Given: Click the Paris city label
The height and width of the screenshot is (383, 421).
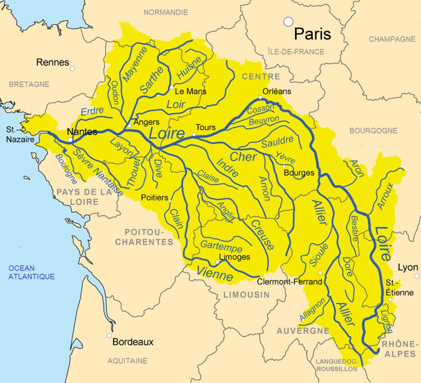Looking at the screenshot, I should (x=312, y=34).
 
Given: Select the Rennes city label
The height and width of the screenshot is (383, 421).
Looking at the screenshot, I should (x=53, y=62).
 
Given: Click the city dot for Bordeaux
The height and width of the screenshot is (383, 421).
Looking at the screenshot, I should (x=110, y=335).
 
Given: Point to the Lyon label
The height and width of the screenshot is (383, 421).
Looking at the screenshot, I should (x=408, y=267).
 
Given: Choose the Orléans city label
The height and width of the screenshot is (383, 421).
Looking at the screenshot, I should (x=277, y=92).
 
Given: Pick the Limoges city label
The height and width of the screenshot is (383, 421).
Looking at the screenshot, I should (x=234, y=257).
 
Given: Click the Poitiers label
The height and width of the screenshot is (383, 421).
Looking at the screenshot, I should (x=154, y=198).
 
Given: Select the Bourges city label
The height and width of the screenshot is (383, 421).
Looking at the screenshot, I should (x=299, y=173).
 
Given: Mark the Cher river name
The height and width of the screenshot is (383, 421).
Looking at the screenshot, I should (x=243, y=157).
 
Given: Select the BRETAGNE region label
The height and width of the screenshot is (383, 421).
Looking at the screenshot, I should (x=29, y=84).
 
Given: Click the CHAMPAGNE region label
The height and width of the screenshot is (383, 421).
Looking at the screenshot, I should (x=392, y=39).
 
